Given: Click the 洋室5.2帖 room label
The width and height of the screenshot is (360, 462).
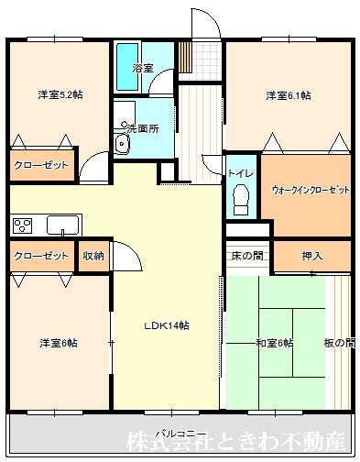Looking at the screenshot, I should coord(60,94).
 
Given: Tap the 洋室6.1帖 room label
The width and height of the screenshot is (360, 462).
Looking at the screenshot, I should coord(289,94).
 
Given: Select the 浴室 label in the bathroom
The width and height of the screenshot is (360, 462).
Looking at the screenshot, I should coord(142,68).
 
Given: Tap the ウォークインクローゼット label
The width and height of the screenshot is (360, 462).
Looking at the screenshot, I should coord(311,190).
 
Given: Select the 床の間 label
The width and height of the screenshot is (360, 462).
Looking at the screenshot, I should coord(247,256).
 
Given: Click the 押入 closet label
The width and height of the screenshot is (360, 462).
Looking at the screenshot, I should coord(312,256).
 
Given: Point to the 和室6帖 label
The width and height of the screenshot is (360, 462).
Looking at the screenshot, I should coord(275,343).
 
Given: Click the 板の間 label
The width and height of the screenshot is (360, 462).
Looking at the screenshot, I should coord(339,343).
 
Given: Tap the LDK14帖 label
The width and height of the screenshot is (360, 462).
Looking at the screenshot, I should coord(166,325).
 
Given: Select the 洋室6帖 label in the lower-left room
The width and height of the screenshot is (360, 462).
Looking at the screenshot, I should coord(58,343).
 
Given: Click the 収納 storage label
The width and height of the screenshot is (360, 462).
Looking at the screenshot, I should coord(93,256).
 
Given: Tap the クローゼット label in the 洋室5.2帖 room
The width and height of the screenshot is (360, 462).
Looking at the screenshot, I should coord(41,167).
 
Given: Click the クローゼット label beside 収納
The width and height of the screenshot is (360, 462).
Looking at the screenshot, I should coord(41,256).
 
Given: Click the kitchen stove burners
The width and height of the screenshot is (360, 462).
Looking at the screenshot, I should coord(23,225).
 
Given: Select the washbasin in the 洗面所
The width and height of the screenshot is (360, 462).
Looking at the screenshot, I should coord(123,145).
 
